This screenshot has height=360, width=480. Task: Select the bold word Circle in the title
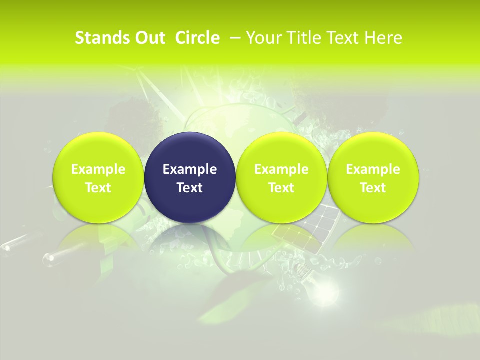[x=197, y=38]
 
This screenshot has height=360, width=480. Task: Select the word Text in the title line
[x=344, y=38]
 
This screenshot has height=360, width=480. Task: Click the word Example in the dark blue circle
[x=190, y=169]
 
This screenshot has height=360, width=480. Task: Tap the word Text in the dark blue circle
[x=190, y=188]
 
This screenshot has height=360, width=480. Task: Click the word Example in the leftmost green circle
[x=98, y=169]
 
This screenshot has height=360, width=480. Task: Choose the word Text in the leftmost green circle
[x=98, y=188]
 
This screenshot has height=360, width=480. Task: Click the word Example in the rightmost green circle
[x=373, y=169]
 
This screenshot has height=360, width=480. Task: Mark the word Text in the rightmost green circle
[x=373, y=188]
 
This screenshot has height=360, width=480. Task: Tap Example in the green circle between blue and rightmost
[x=281, y=169]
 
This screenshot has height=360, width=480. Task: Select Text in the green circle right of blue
[x=281, y=188]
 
